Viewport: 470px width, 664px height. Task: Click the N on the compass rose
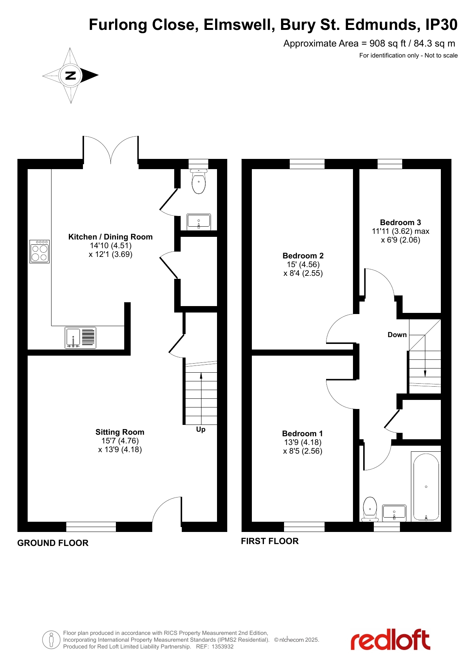pyautogui.click(x=70, y=75)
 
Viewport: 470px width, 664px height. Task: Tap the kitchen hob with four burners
pyautogui.click(x=40, y=251)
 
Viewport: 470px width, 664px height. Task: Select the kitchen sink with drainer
pyautogui.click(x=80, y=337)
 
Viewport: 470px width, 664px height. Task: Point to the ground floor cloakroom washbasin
pyautogui.click(x=199, y=222)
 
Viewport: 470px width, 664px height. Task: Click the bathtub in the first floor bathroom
pyautogui.click(x=426, y=487)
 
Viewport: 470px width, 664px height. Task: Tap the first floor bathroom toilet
pyautogui.click(x=370, y=509)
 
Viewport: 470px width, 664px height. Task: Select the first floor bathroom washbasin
pyautogui.click(x=394, y=513)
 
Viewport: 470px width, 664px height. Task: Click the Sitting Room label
pyautogui.click(x=120, y=432)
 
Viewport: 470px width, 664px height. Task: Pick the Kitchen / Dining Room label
pyautogui.click(x=111, y=237)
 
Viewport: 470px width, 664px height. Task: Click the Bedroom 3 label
pyautogui.click(x=400, y=222)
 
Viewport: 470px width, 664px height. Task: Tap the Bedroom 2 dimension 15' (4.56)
pyautogui.click(x=303, y=264)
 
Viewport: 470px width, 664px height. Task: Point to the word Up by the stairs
pyautogui.click(x=201, y=429)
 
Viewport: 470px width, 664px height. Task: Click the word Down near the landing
pyautogui.click(x=397, y=335)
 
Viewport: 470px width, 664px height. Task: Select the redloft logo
pyautogui.click(x=390, y=639)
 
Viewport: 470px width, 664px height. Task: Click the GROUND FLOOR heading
pyautogui.click(x=53, y=543)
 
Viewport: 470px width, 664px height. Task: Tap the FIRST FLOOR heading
pyautogui.click(x=270, y=541)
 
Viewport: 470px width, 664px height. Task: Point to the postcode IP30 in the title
pyautogui.click(x=441, y=25)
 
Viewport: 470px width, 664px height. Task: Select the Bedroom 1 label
pyautogui.click(x=302, y=434)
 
